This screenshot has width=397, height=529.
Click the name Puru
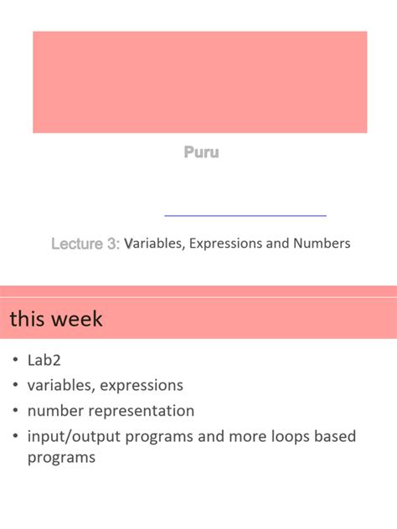coord(201,153)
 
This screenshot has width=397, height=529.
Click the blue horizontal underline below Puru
coord(245,216)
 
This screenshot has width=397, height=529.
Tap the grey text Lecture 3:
coord(85,244)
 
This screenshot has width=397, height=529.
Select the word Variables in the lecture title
coord(154,244)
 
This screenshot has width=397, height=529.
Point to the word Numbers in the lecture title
coord(322,244)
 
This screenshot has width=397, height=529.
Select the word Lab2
coord(44,360)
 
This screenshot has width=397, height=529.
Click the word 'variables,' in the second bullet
coord(61,385)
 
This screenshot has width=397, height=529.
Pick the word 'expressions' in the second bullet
coord(142,386)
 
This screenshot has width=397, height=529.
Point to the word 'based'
coord(333,436)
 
